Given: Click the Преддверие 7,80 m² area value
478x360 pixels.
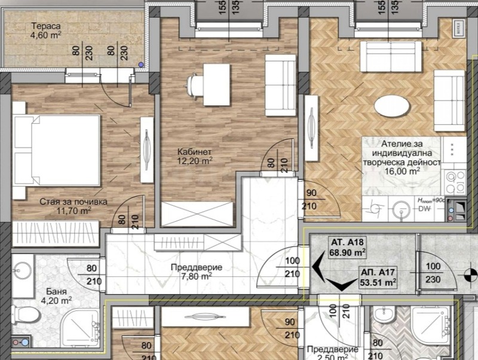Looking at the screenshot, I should [197, 276].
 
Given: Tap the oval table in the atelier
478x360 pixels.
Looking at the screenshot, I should [392, 106].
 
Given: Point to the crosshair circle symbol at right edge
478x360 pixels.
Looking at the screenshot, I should [467, 274].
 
